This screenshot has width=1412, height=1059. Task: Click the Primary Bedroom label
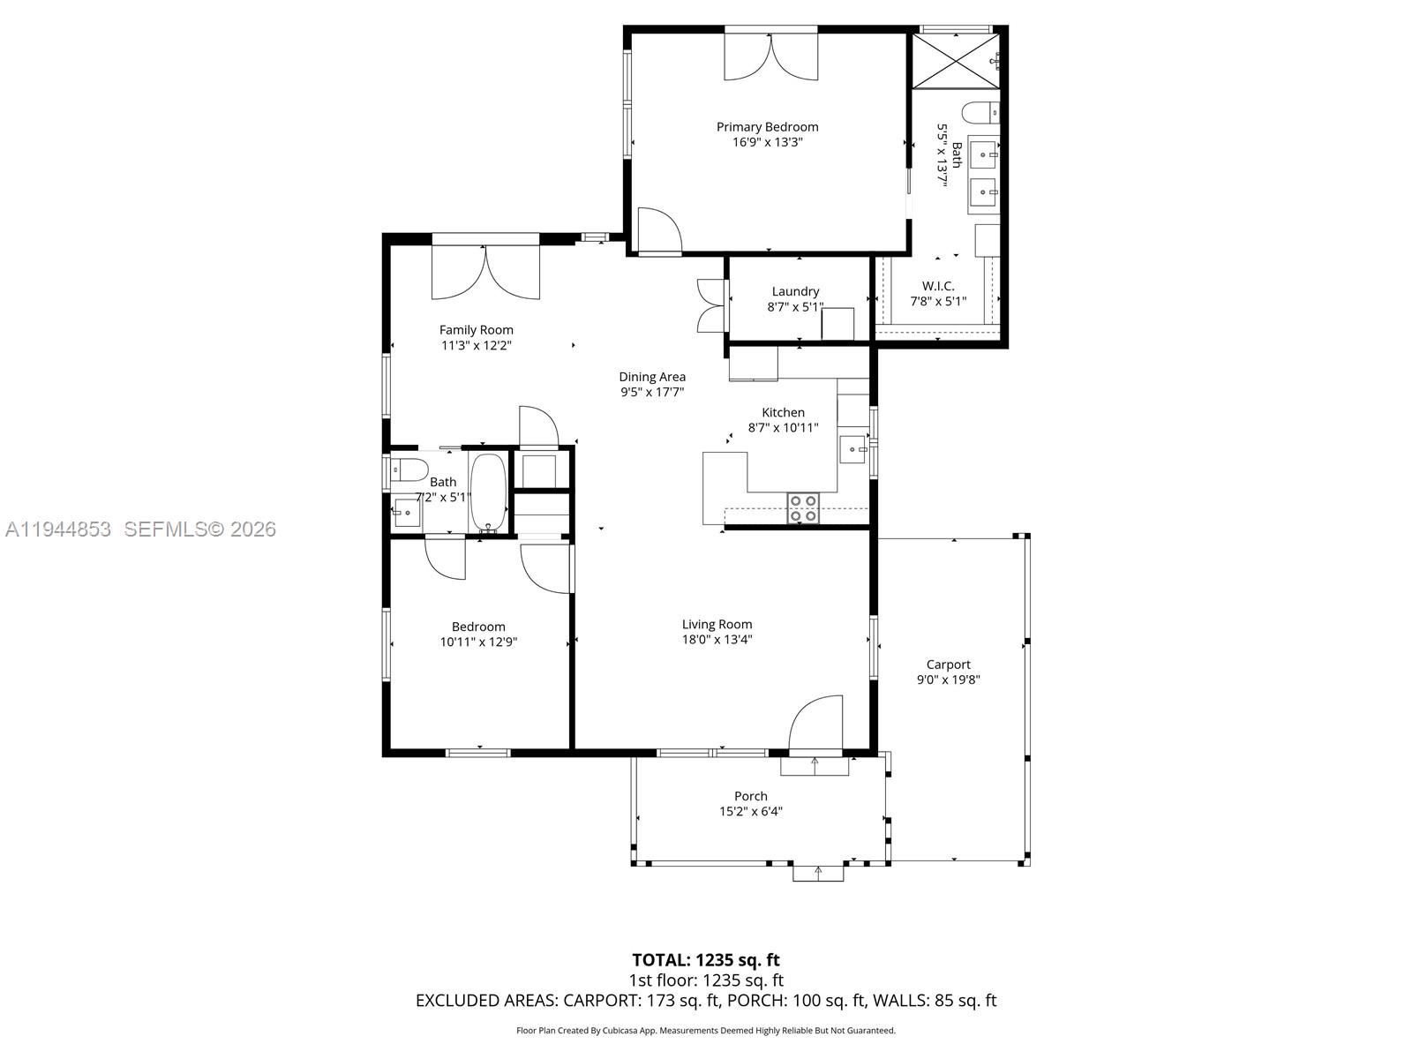(x=767, y=127)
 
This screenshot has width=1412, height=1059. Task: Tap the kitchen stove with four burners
(x=803, y=509)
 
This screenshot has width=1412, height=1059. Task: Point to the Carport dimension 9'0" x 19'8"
(x=949, y=680)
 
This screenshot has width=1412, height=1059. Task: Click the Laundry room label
(x=795, y=291)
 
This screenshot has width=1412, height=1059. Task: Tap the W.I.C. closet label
(x=938, y=286)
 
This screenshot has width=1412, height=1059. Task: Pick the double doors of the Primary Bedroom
(x=771, y=56)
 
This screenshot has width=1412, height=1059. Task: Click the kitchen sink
(x=852, y=449)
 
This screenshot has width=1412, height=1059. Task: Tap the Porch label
(x=751, y=796)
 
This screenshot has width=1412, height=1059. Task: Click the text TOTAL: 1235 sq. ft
(x=706, y=959)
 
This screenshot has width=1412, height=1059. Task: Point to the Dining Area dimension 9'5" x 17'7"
(x=652, y=392)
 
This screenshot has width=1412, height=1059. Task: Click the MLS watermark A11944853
(x=58, y=529)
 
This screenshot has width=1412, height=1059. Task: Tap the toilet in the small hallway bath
(x=409, y=469)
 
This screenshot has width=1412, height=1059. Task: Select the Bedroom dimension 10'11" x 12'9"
(x=478, y=642)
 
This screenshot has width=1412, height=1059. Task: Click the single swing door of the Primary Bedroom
(x=658, y=231)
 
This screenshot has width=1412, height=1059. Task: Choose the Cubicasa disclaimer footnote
(x=706, y=1030)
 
